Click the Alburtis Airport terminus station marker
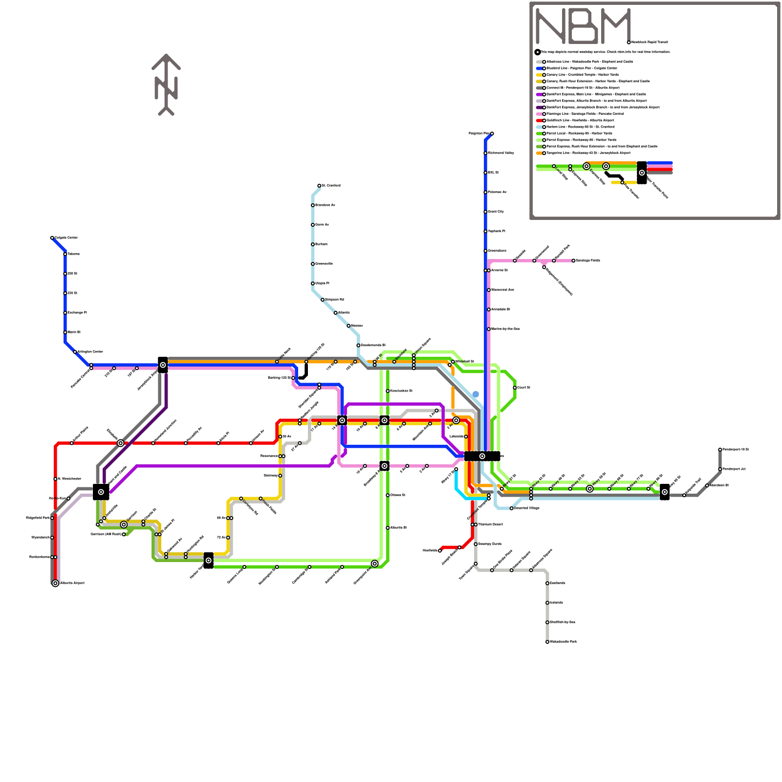point(55,583)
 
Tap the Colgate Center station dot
point(52,238)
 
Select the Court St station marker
point(515,388)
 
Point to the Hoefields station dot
point(440,550)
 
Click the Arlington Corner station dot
point(75,352)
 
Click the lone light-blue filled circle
point(476,394)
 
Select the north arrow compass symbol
point(166,85)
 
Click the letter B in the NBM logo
point(583,26)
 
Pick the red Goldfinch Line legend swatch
point(539,120)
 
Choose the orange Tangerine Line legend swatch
point(539,153)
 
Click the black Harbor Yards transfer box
point(209,561)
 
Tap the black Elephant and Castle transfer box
point(101,492)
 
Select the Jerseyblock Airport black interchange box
point(163,365)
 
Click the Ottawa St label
point(398,495)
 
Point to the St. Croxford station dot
point(319,186)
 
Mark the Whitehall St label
point(465,362)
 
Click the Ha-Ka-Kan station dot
point(68,499)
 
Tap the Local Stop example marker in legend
point(554,166)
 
